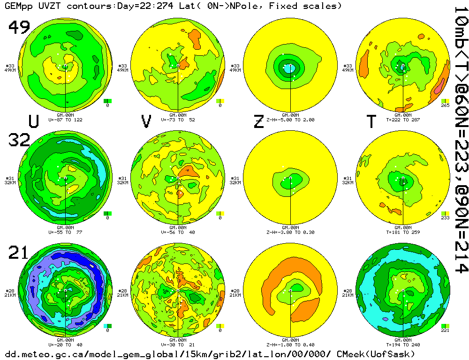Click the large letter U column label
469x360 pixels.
click(x=33, y=121)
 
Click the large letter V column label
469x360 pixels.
click(x=146, y=121)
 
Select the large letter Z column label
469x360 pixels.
click(x=258, y=121)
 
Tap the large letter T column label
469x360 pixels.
click(x=371, y=121)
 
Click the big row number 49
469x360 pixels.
click(x=19, y=28)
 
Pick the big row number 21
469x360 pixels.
click(x=19, y=254)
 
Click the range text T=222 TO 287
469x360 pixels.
click(x=403, y=120)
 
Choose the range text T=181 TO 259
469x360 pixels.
click(x=403, y=232)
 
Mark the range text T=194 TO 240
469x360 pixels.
click(x=403, y=345)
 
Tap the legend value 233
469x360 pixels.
click(x=445, y=218)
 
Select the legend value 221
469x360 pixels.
click(x=445, y=330)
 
